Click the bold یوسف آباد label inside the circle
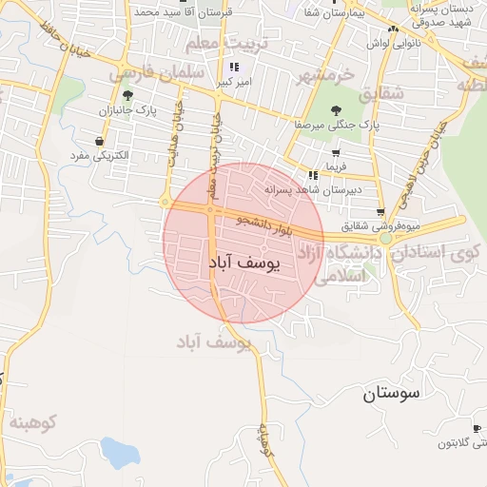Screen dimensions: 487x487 click(x=244, y=265)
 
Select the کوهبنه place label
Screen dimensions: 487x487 click(x=33, y=420)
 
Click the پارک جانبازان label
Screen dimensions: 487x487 click(x=128, y=111)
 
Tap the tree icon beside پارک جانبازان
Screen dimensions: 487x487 click(x=128, y=95)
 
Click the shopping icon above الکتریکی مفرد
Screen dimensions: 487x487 click(x=100, y=140)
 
